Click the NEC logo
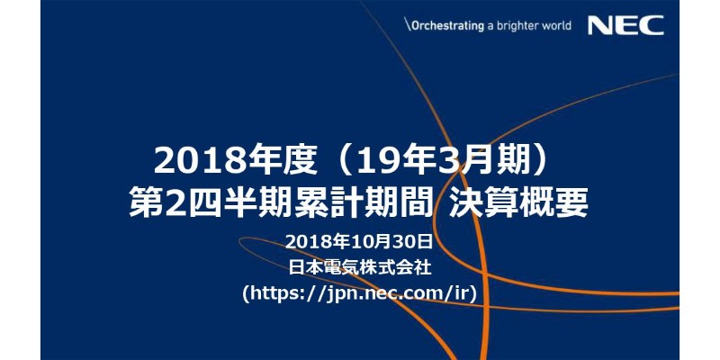pos(625,25)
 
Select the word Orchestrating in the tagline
pos(447,25)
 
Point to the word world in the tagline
pos(555,25)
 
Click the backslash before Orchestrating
pos(407,25)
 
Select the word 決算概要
pos(518,203)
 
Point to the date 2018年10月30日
pos(359,241)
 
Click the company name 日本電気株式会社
pos(360,267)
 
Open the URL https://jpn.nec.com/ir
pos(360,293)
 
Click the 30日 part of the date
pos(412,241)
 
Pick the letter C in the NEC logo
pos(652,25)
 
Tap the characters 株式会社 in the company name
pos(396,267)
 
